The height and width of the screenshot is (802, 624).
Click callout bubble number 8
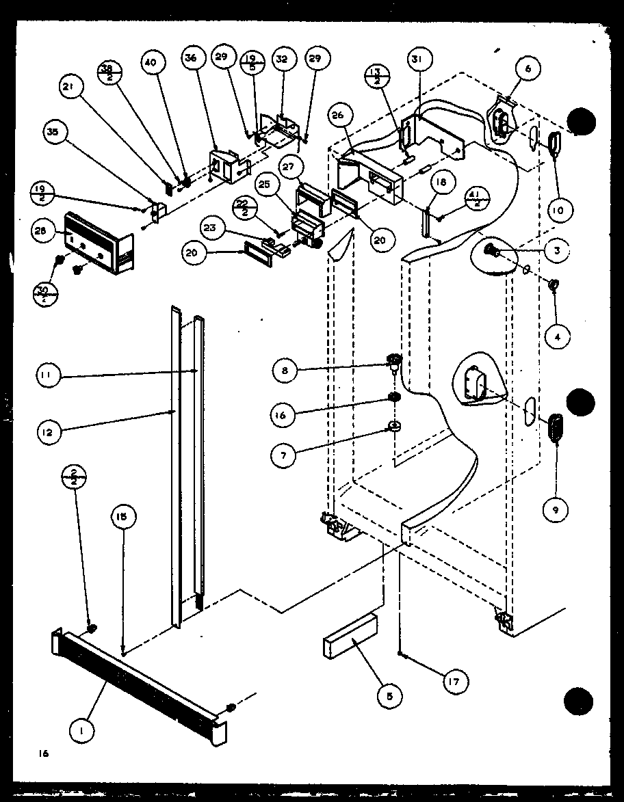pyautogui.click(x=284, y=371)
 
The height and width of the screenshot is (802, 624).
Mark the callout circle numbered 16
pyautogui.click(x=284, y=415)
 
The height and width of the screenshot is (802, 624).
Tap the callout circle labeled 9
pyautogui.click(x=557, y=509)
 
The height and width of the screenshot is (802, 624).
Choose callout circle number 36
pyautogui.click(x=191, y=59)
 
